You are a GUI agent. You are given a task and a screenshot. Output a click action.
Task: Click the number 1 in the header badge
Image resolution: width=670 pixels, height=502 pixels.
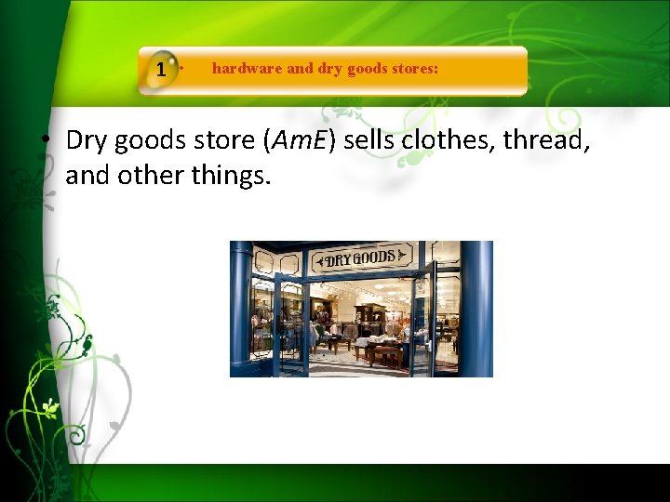coord(162,70)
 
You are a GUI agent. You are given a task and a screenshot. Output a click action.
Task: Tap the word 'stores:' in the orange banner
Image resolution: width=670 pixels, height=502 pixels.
coord(412,69)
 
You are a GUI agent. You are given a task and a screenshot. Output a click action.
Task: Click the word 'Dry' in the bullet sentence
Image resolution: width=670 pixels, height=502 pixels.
coord(87,141)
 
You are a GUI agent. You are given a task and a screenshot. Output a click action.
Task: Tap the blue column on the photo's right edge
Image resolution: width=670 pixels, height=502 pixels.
coord(476,307)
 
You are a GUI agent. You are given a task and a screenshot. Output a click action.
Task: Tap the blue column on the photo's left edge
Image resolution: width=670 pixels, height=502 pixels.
coord(241,307)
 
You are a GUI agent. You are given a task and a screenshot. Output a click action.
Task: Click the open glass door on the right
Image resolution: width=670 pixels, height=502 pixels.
coord(423,321)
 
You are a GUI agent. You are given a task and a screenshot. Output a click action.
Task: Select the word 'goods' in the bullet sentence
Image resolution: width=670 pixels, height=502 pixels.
coord(153,141)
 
